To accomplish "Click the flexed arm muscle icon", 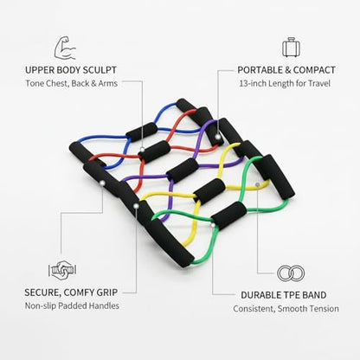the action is click(65, 48).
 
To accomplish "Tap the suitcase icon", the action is click(292, 47).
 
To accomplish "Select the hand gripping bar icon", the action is click(62, 270).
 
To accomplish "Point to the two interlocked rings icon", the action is click(291, 273).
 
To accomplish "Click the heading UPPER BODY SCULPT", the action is click(71, 70).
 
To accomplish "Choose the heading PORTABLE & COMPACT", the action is click(286, 70).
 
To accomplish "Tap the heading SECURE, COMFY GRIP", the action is click(71, 292).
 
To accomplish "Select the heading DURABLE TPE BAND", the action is click(284, 295).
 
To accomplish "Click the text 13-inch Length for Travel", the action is click(285, 84).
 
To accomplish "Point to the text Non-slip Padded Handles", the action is click(72, 305).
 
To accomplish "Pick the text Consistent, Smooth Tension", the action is click(286, 309).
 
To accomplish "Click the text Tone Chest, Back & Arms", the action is click(72, 83).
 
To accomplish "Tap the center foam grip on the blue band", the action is click(142, 132).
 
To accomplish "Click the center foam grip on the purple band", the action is click(183, 170).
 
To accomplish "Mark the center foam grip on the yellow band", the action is click(209, 191).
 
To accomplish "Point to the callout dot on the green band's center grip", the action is click(213, 225).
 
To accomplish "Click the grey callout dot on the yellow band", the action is click(257, 184).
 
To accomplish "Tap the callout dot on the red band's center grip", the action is click(142, 150).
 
